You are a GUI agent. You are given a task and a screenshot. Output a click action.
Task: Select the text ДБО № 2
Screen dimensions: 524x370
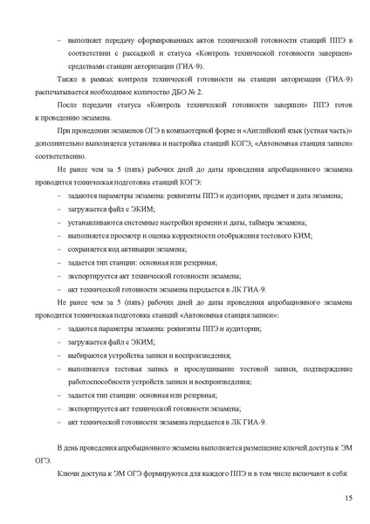point(192,90)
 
